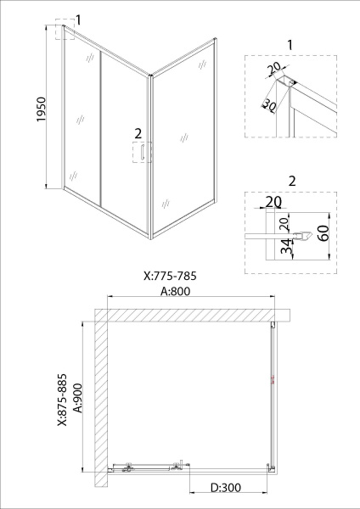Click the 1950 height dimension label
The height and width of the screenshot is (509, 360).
tap(42, 109)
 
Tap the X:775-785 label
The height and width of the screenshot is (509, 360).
tap(170, 276)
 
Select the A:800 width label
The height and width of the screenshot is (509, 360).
tap(176, 291)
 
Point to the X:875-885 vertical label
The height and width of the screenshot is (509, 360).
tap(62, 400)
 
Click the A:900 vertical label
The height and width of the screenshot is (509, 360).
tap(78, 398)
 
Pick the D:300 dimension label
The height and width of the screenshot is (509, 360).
tap(226, 487)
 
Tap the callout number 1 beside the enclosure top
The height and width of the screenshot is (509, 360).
tap(78, 20)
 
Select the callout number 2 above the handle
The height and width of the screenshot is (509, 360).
tap(138, 133)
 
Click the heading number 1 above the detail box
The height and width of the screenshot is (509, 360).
tap(290, 45)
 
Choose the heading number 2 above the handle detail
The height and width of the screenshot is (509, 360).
tap(292, 181)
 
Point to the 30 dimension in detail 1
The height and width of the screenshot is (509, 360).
tap(269, 104)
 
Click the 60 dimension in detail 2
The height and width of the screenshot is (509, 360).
tap(325, 232)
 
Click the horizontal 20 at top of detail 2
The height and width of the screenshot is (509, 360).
tap(273, 202)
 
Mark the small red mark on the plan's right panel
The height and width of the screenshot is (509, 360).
tap(273, 380)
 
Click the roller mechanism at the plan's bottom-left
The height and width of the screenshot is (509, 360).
tap(129, 466)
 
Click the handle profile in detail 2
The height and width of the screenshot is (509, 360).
tap(303, 236)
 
